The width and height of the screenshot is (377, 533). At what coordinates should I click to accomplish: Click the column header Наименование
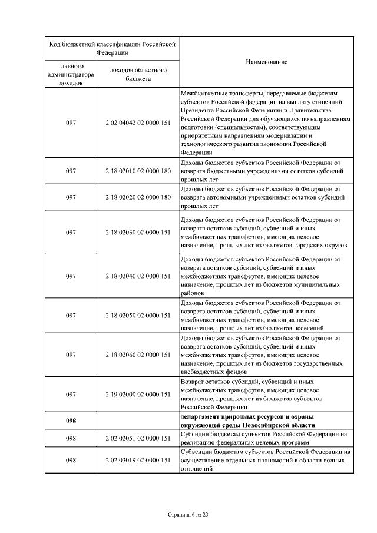[266, 62]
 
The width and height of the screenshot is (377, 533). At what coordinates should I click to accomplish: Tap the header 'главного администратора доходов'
[71, 75]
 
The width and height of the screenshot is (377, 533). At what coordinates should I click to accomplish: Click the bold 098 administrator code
[71, 421]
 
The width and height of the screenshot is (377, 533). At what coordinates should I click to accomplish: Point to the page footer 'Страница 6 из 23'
[188, 515]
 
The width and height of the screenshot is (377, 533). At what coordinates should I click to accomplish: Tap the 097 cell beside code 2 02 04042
[71, 123]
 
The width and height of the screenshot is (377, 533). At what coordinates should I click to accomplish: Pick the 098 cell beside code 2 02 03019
[71, 460]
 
